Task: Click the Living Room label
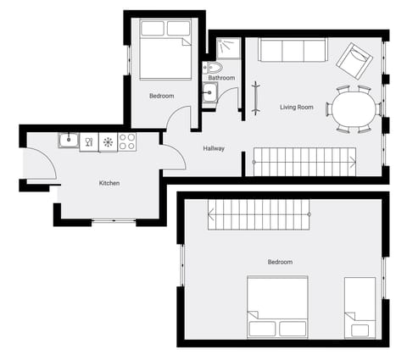[297, 107]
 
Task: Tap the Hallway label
[214, 149]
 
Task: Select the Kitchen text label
[109, 183]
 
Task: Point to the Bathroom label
[221, 78]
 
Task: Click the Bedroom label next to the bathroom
[161, 96]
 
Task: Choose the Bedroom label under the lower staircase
[280, 262]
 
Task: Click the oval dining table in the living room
[354, 108]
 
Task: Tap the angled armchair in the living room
[353, 59]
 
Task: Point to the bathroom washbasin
[209, 93]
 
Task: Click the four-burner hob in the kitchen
[127, 141]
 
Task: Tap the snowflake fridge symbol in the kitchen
[108, 141]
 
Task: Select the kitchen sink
[68, 141]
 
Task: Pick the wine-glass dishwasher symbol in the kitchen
[89, 141]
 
